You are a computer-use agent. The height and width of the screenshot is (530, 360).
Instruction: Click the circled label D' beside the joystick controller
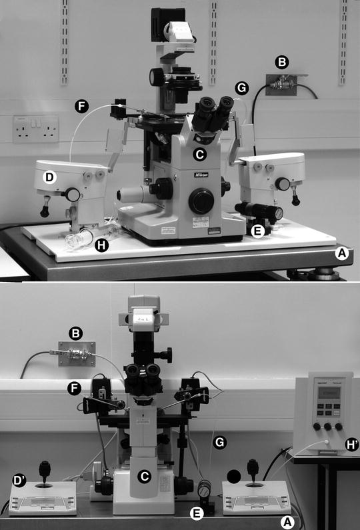tap(18, 481)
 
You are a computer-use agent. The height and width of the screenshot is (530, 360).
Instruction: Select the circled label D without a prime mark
tap(49, 177)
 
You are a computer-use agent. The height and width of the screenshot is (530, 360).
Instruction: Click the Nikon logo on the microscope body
tap(201, 175)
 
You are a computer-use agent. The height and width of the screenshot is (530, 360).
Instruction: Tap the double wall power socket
tap(35, 129)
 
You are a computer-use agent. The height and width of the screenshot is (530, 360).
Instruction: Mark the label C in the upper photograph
tap(198, 155)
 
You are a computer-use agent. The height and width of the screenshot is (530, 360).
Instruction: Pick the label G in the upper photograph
tap(241, 87)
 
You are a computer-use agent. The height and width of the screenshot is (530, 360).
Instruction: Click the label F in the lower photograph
tap(75, 387)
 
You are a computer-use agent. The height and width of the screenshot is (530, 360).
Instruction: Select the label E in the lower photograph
tap(195, 513)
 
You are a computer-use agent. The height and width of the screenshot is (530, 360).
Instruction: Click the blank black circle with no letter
tap(233, 476)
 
